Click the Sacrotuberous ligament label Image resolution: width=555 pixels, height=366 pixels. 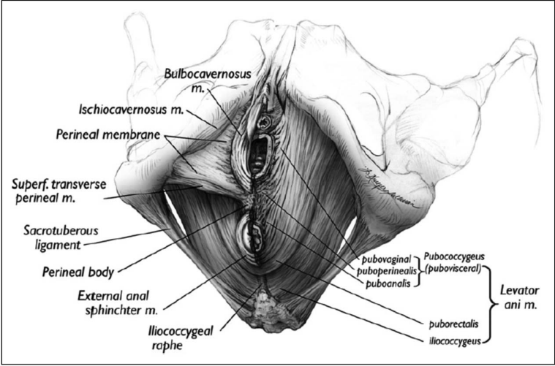(56, 236)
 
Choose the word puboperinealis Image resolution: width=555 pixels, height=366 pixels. (389, 270)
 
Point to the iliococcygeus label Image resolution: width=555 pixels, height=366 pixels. (450, 339)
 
